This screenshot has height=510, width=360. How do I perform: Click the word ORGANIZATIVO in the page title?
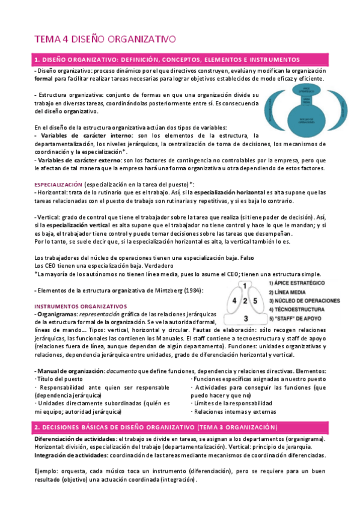(142, 40)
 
